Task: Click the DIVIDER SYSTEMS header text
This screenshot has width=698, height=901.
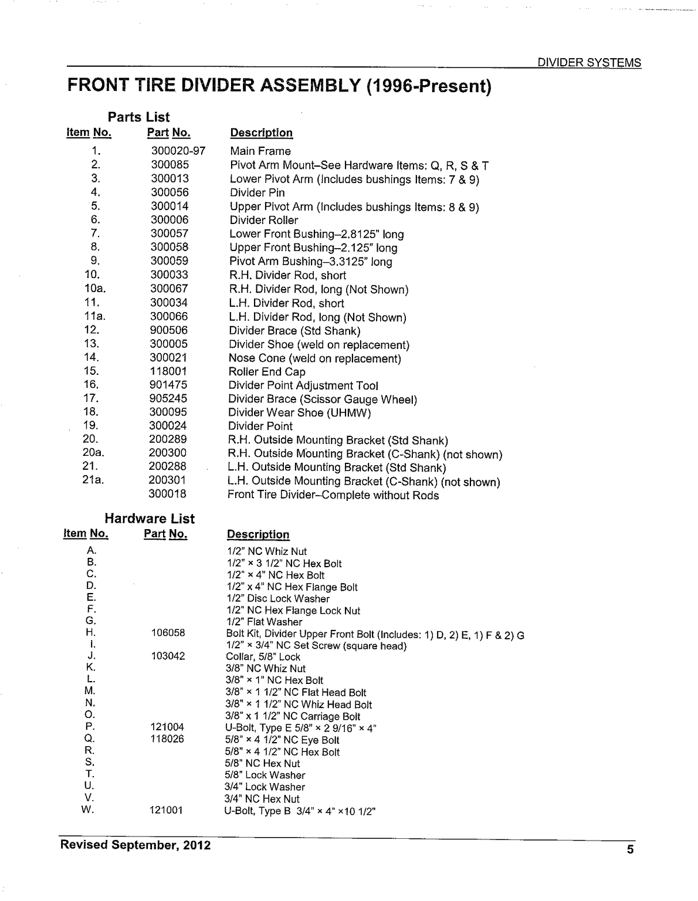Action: [589, 63]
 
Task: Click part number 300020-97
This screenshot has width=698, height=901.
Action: [178, 151]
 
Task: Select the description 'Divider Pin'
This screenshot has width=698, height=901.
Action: [257, 192]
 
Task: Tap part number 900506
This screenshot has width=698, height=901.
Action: [169, 330]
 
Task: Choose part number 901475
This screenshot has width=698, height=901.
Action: [169, 385]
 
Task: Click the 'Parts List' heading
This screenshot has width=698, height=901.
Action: [138, 117]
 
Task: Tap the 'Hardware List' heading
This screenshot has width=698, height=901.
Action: [150, 519]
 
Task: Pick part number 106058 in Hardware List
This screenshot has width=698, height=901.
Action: [168, 633]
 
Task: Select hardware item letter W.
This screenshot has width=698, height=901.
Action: [88, 810]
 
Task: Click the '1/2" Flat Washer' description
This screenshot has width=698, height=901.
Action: [265, 622]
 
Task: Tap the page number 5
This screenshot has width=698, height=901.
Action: [630, 850]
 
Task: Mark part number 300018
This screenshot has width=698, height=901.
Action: [167, 494]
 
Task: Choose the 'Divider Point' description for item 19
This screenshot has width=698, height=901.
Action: [260, 426]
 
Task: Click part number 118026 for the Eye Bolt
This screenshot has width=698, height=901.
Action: [167, 739]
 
